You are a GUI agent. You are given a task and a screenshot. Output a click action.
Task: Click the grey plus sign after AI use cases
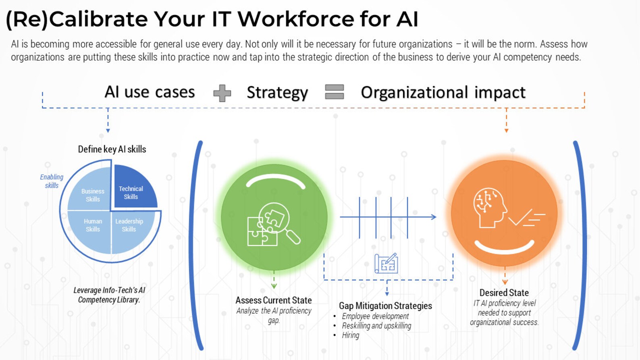tap(222, 93)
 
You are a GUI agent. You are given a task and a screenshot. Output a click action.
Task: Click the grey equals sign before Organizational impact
tap(335, 92)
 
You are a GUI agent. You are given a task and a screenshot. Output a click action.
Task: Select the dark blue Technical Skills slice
tap(133, 189)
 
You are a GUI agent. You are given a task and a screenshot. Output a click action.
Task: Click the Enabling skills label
tap(52, 181)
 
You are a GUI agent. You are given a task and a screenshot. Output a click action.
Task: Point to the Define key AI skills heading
tap(112, 149)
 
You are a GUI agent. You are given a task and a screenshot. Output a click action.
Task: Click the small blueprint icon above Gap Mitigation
tap(386, 264)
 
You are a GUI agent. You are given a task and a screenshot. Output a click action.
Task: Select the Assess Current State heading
tap(274, 300)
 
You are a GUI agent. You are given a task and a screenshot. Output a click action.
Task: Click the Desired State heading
tap(504, 293)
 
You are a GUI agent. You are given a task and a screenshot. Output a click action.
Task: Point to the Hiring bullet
tap(350, 335)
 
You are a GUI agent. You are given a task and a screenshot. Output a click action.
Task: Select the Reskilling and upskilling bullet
tap(376, 326)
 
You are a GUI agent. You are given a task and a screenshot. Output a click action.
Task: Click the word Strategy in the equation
tap(277, 92)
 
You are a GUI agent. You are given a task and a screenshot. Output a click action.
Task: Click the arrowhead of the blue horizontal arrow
tap(434, 217)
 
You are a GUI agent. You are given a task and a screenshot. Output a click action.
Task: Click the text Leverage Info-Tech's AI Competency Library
tap(109, 295)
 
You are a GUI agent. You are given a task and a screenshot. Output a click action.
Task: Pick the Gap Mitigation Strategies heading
tap(385, 306)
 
